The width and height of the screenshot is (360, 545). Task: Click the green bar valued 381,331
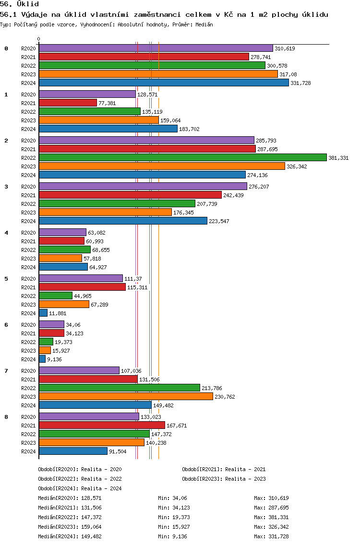[183, 158]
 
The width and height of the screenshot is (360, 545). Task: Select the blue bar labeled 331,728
[164, 83]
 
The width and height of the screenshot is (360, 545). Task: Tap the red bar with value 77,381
[68, 103]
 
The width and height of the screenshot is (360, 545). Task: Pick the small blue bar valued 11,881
[43, 313]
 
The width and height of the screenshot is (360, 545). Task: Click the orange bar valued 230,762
[126, 397]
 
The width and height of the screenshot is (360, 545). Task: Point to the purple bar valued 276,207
[143, 186]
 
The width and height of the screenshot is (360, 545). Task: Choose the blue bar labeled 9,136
[42, 359]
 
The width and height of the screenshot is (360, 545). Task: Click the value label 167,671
[177, 426]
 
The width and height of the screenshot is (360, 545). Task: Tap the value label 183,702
[189, 129]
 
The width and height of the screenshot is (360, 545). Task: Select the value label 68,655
[101, 250]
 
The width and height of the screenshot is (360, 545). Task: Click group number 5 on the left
[6, 279]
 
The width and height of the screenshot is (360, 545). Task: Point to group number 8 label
[6, 417]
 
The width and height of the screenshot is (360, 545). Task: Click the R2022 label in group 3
[28, 204]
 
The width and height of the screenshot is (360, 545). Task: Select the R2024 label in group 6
[28, 359]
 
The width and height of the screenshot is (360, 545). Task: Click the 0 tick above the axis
[38, 39]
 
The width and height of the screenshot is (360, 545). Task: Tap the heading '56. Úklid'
[20, 4]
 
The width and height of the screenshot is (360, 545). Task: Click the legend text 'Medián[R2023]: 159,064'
[70, 527]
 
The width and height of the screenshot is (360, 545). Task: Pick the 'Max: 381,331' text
[271, 517]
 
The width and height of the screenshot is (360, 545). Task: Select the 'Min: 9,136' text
[172, 536]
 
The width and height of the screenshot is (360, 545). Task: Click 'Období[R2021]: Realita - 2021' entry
[224, 469]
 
